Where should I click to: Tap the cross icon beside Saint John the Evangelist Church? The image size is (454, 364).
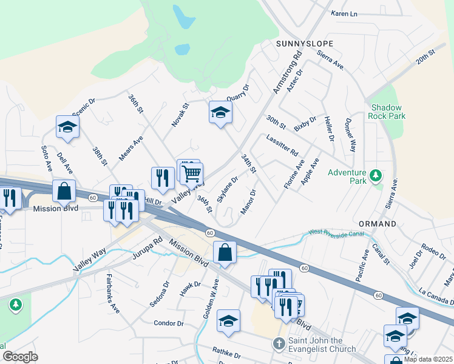279,344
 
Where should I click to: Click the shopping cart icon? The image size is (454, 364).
192,174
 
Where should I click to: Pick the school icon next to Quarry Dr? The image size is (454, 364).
220,112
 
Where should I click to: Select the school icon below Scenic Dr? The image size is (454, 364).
67,126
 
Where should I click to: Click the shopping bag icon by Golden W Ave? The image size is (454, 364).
225,252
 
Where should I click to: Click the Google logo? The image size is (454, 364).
20,356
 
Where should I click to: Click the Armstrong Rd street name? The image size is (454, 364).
288,75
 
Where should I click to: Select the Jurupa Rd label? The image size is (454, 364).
148,249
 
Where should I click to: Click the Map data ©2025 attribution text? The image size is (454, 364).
428,359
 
